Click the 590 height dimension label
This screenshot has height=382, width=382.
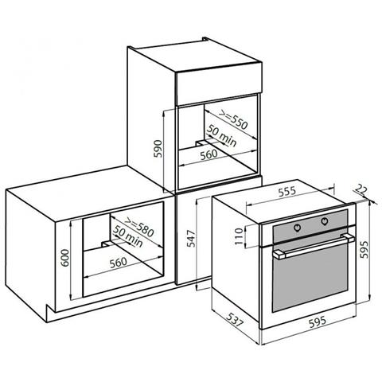pos(158,149)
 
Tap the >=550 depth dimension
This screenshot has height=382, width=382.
pos(233,120)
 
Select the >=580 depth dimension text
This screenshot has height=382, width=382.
pos(139,228)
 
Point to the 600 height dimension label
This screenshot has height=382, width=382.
pos(64,258)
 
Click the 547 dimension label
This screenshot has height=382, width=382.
pos(191,239)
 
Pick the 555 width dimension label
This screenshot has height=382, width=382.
pos(286,192)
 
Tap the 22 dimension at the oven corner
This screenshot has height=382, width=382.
pos(361,189)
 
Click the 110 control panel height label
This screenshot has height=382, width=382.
pos(240,236)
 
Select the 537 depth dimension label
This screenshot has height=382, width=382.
pos(234,319)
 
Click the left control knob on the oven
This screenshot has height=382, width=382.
pos(298,227)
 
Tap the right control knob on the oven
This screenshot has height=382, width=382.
pos(325,220)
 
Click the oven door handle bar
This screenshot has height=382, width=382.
pos(314,246)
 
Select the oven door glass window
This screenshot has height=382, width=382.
pos(310,277)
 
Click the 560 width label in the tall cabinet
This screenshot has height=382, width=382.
pos(209,155)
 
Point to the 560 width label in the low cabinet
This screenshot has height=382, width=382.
pos(119,263)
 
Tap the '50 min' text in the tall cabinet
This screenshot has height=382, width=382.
pos(221,135)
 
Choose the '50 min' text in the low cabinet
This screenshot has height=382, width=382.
pos(128,236)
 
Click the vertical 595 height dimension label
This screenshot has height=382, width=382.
pos(364,249)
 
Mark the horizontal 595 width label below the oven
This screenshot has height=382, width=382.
pos(318,322)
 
